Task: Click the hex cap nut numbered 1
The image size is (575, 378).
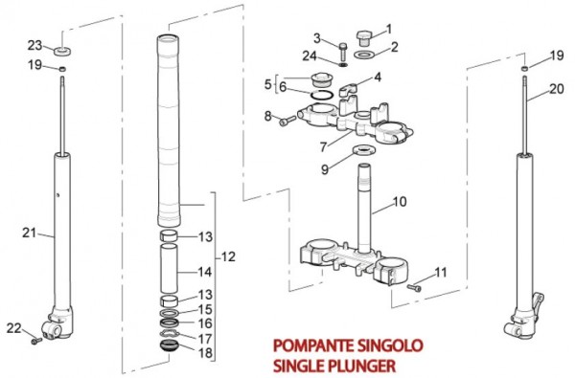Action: [x=364, y=38]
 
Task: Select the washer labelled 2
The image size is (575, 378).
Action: [x=364, y=55]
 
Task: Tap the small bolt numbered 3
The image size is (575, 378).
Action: [x=343, y=53]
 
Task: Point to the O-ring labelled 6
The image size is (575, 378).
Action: [x=321, y=95]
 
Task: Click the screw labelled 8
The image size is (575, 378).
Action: [x=287, y=121]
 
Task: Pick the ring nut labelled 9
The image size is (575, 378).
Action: [x=363, y=150]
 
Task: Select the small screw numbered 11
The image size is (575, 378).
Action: [x=414, y=288]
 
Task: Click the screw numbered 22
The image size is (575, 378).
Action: [x=36, y=341]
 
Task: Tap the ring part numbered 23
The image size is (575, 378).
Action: [x=62, y=51]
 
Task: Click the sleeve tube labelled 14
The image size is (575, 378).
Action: [x=169, y=268]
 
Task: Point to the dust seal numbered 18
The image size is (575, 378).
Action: [x=169, y=345]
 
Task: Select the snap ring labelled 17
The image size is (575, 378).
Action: [x=169, y=333]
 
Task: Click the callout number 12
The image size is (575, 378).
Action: [x=228, y=256]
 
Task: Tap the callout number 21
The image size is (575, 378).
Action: [x=30, y=233]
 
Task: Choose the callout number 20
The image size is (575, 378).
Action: [x=557, y=88]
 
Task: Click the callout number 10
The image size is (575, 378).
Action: [x=400, y=202]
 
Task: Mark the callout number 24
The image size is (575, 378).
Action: [x=310, y=56]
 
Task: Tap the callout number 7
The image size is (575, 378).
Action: [x=323, y=146]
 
